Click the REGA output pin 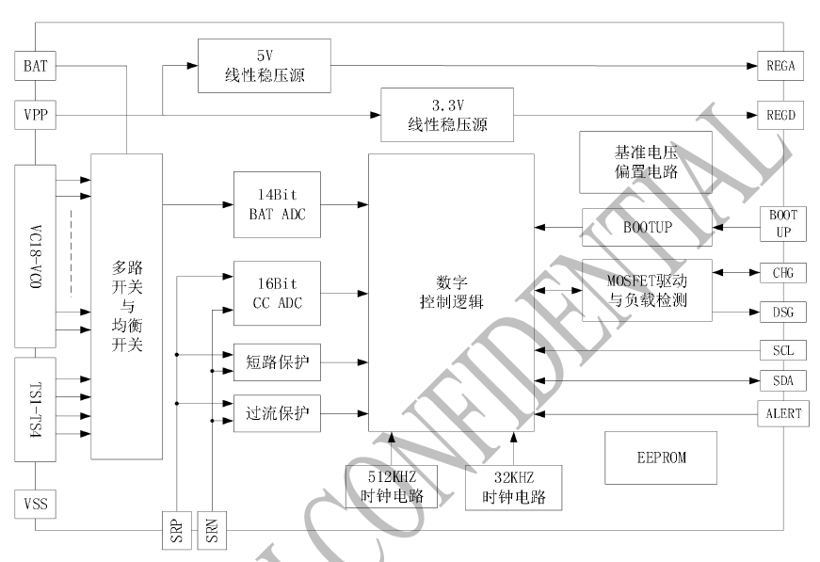tap(781, 67)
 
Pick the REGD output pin tap(781, 117)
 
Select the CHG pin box tap(781, 274)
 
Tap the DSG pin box tap(781, 313)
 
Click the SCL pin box tap(781, 350)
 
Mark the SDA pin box tap(781, 381)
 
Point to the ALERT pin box tap(781, 412)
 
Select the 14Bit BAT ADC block tap(277, 204)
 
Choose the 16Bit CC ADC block tap(277, 293)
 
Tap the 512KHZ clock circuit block tap(393, 487)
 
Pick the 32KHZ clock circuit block tap(513, 488)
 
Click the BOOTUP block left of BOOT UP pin tap(647, 227)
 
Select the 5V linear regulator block tap(265, 66)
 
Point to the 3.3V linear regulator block tap(447, 115)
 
